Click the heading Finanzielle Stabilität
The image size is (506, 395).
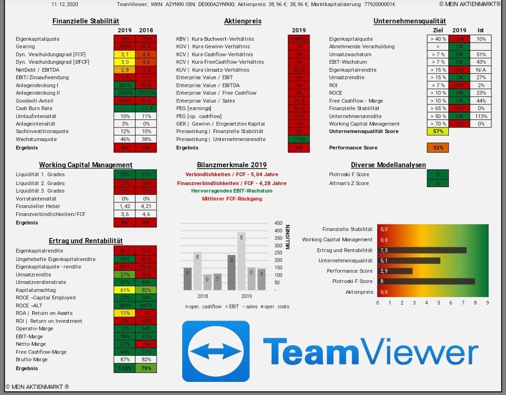[x=86, y=21]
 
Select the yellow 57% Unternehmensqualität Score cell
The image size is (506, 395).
[x=438, y=131]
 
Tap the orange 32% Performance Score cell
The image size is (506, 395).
[x=438, y=148]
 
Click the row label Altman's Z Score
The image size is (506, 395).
[x=349, y=183]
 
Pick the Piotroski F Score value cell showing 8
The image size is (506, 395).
[x=438, y=174]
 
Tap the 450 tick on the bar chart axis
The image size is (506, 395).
[x=278, y=223]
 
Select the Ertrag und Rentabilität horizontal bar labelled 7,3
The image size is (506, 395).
[x=422, y=250]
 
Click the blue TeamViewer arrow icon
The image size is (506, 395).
[x=216, y=351]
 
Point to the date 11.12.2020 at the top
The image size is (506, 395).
[x=65, y=4]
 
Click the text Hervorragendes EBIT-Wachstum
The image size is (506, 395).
[x=231, y=191]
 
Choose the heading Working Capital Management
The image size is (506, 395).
[x=86, y=165]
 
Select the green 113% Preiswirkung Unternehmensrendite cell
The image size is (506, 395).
[x=299, y=139]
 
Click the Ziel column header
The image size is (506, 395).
[x=438, y=30]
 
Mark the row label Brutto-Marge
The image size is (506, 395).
[x=31, y=359]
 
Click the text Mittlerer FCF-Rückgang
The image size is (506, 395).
[x=232, y=199]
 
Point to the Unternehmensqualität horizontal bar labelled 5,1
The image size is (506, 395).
[x=409, y=261]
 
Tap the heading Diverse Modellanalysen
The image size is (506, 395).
[x=388, y=165]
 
